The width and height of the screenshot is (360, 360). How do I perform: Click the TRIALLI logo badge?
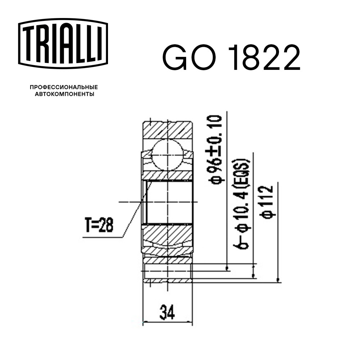[x=63, y=44]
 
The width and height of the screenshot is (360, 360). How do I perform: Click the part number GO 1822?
[x=231, y=58]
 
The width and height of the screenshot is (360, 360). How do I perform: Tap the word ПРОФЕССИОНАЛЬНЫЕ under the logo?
[x=64, y=87]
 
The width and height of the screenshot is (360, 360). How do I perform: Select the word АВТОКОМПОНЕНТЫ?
[x=64, y=94]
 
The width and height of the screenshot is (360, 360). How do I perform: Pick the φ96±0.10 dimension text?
[x=215, y=150]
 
